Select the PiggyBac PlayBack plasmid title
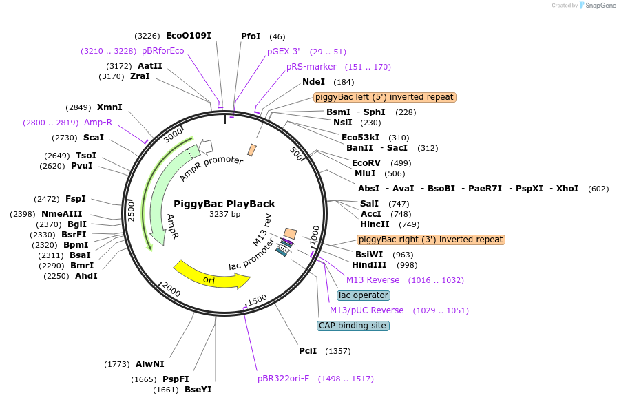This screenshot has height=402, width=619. coord(224,204)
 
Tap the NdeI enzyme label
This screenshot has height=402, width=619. coord(313,82)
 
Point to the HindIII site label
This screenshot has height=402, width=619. coord(369,265)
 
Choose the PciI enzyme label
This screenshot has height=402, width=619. coord(308,351)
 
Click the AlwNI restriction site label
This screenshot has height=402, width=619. coord(150,363)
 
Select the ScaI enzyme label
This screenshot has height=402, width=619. coord(94,138)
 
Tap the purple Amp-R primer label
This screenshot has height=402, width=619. coord(98,123)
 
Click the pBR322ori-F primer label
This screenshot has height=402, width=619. coord(284,379)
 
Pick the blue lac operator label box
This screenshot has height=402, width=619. coord(364,295)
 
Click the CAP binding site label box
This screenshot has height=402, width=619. coord(353,326)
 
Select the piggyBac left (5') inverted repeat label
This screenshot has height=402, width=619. coord(384,97)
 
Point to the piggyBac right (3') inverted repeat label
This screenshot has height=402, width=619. coord(431,240)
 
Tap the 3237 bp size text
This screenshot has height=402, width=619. coord(224,215)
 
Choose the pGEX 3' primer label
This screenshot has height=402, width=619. coord(284,52)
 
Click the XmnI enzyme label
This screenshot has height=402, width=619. coord(109,107)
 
